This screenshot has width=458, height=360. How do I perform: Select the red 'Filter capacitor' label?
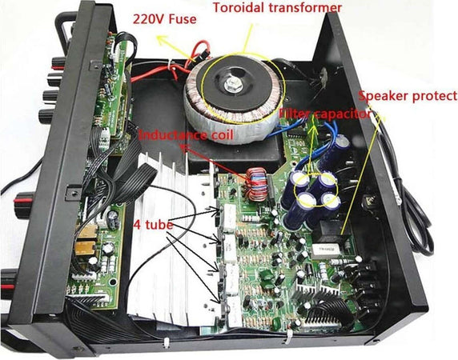[323, 114]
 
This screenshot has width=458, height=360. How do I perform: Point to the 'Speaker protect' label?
[408, 98]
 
